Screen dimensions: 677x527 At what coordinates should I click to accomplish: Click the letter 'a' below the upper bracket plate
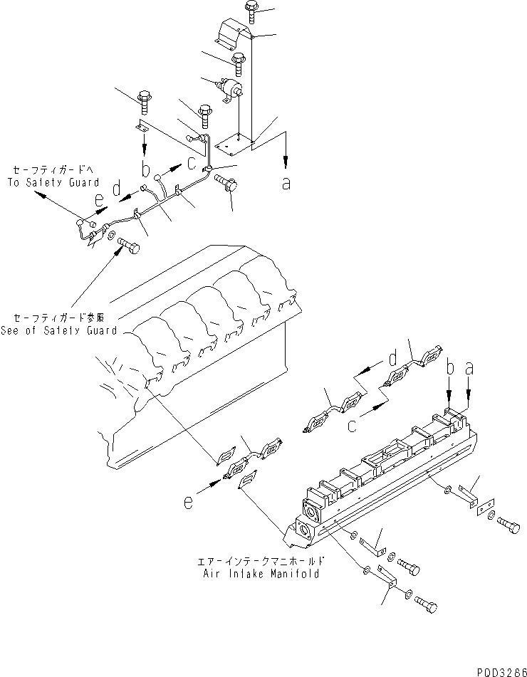[286, 184]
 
